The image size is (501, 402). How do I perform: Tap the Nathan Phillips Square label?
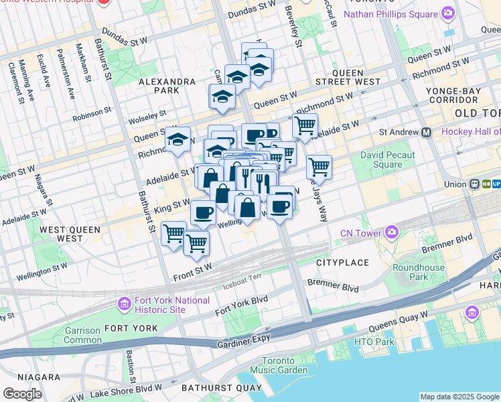pos(390,13)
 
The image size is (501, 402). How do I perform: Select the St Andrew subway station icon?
pos(426,132)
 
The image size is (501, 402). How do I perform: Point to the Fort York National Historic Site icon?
pos(124,305)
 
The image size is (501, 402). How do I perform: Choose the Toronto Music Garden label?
pos(275,365)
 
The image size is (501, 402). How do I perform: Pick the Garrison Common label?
pos(82,335)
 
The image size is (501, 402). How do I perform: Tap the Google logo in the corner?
pos(22,394)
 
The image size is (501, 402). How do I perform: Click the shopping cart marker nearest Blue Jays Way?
pos(319,166)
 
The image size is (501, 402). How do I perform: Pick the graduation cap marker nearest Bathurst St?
pos(177,140)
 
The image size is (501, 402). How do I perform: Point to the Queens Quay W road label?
pos(398,318)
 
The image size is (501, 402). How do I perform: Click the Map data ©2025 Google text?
pos(459,397)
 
